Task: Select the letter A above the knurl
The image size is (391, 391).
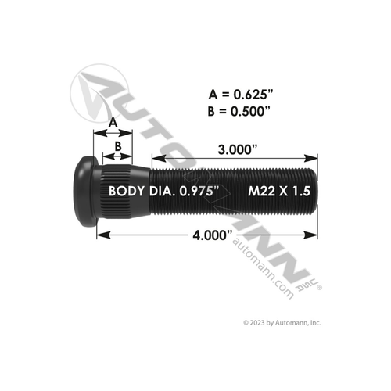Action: [113, 123]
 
